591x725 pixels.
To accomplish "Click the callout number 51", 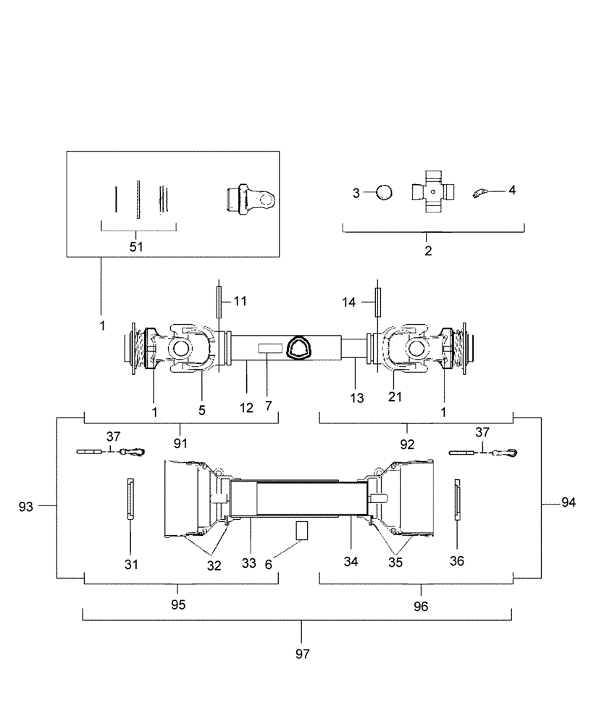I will (136, 246).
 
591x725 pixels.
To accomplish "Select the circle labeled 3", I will (384, 192).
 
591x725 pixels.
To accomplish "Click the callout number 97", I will (303, 654).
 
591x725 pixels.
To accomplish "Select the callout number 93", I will (26, 507).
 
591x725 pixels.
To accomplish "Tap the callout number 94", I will (569, 502).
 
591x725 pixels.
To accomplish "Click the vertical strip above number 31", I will (130, 499).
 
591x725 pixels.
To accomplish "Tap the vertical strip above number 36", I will (458, 499).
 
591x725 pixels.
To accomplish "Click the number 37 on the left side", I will (113, 436).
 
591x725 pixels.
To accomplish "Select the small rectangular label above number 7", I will (269, 348).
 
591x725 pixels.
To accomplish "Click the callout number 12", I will (246, 407).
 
